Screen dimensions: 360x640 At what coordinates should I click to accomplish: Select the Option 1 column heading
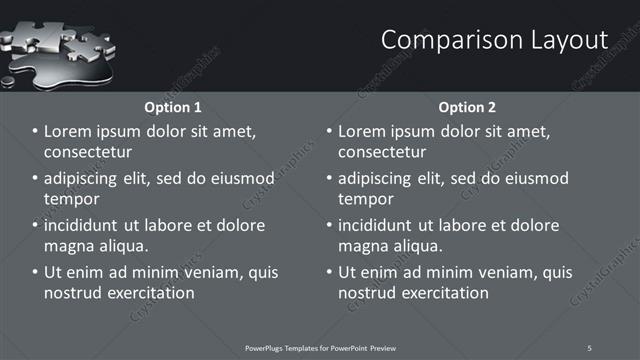[173, 107]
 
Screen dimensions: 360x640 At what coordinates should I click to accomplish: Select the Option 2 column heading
[467, 107]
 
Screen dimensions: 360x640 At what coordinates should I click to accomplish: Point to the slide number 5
[589, 347]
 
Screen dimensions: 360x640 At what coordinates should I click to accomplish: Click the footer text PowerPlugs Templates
[300, 347]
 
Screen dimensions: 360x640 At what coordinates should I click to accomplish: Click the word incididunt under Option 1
[87, 225]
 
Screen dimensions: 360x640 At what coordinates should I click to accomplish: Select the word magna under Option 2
[363, 246]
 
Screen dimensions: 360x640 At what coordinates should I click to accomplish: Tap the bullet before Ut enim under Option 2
[330, 272]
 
